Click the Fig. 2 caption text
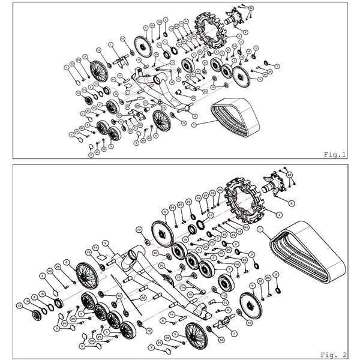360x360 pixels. click(x=337, y=353)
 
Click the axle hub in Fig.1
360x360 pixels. click(x=235, y=19)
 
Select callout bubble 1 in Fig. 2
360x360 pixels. click(x=260, y=229)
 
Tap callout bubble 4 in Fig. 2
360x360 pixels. click(x=278, y=214)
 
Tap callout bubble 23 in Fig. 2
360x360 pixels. click(x=143, y=296)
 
